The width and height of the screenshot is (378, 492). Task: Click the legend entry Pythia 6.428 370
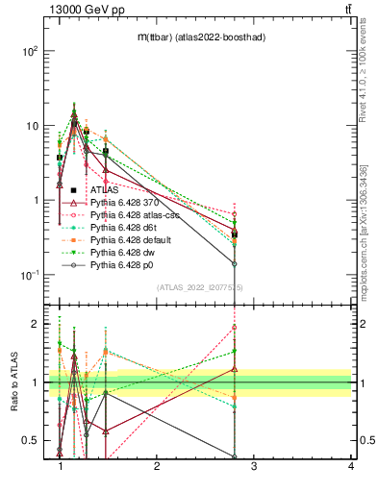click(119, 203)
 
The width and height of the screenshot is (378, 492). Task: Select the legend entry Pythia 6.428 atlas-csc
click(128, 215)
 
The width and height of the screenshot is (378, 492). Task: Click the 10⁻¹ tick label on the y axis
click(29, 276)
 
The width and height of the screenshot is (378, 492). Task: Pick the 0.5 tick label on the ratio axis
click(30, 440)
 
